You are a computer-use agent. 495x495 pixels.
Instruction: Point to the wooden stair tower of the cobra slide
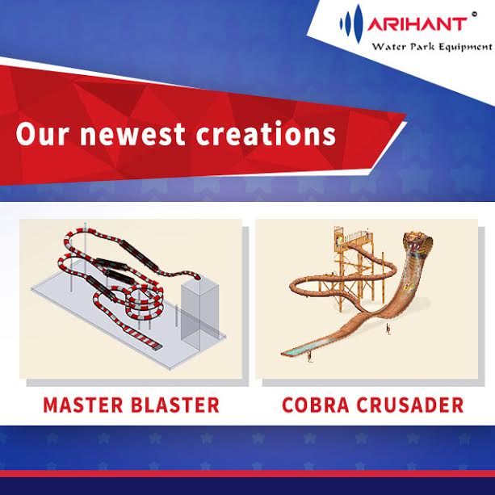352,258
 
